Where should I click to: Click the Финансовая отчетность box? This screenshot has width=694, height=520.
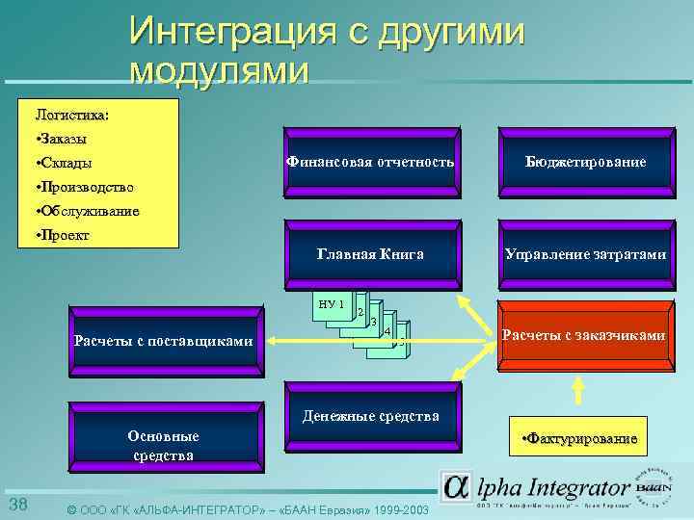(x=370, y=163)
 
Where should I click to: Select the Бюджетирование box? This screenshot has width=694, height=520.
(x=585, y=163)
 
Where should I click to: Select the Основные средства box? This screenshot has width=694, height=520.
(x=163, y=445)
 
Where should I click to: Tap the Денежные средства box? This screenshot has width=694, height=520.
(x=371, y=417)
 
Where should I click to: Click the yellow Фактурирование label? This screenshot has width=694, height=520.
(x=578, y=439)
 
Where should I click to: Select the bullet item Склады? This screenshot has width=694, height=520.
(x=67, y=162)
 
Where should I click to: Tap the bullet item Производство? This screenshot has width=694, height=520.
(x=83, y=187)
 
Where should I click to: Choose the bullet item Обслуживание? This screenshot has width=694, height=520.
(x=86, y=211)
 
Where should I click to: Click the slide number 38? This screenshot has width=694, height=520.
(x=17, y=507)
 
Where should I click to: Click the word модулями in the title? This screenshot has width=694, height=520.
(x=220, y=71)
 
